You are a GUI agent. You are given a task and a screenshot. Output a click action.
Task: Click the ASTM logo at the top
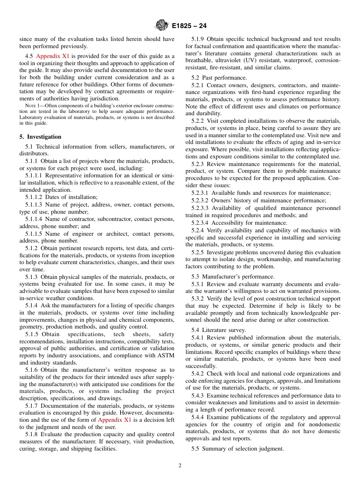tap(162, 26)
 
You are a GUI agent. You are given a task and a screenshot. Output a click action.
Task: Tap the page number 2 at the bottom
tap(180, 466)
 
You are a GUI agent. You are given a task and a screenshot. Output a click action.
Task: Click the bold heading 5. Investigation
tap(40, 137)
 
